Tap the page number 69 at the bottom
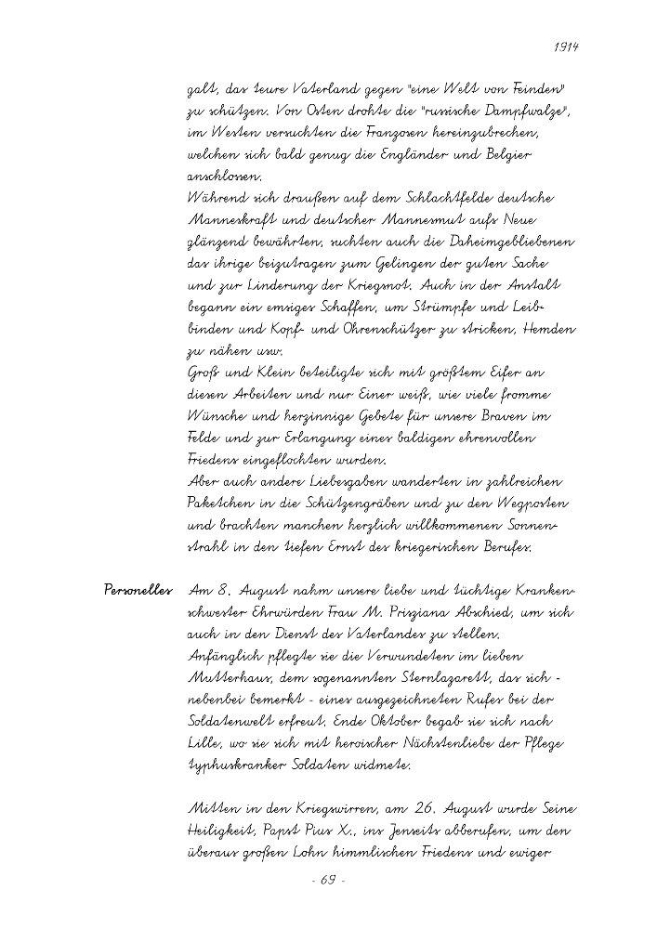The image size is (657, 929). (328, 878)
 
